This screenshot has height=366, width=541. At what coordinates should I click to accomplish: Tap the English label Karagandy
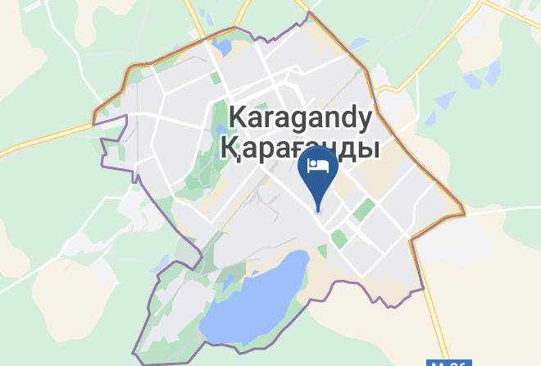pyautogui.click(x=299, y=118)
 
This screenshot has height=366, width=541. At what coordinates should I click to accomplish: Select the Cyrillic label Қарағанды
pyautogui.click(x=301, y=149)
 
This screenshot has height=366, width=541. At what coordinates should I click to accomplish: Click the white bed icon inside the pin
pyautogui.click(x=318, y=166)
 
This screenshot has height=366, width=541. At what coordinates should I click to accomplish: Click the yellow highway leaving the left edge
pyautogui.click(x=33, y=140)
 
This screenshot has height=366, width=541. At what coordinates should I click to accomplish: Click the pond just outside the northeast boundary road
pyautogui.click(x=443, y=101)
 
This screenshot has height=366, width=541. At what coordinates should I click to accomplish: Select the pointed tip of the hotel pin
pyautogui.click(x=318, y=208)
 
